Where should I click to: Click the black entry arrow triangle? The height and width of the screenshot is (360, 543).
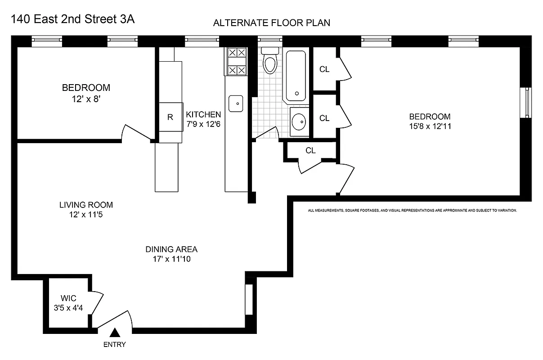click(115, 333)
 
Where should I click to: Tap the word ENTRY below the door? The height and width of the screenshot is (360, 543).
click(115, 345)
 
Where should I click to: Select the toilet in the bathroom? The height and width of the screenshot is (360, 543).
click(270, 63)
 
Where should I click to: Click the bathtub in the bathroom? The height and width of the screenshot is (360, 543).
click(295, 76)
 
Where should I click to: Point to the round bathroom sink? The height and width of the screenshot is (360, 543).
click(299, 121)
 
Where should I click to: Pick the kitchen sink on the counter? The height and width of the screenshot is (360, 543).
click(236, 103)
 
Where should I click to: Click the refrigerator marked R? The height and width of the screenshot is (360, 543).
click(170, 117)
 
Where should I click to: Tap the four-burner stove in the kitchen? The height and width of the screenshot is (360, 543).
click(237, 61)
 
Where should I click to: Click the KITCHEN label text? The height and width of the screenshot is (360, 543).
click(203, 114)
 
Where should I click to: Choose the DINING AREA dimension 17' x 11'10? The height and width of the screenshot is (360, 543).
click(171, 259)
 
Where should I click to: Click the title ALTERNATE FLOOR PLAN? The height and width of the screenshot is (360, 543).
click(272, 23)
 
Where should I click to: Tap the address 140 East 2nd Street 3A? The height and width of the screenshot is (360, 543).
click(72, 19)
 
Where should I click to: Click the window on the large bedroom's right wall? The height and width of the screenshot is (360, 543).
click(525, 103)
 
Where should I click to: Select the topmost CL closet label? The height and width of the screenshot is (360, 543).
click(324, 69)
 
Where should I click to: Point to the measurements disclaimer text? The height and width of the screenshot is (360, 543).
click(412, 210)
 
